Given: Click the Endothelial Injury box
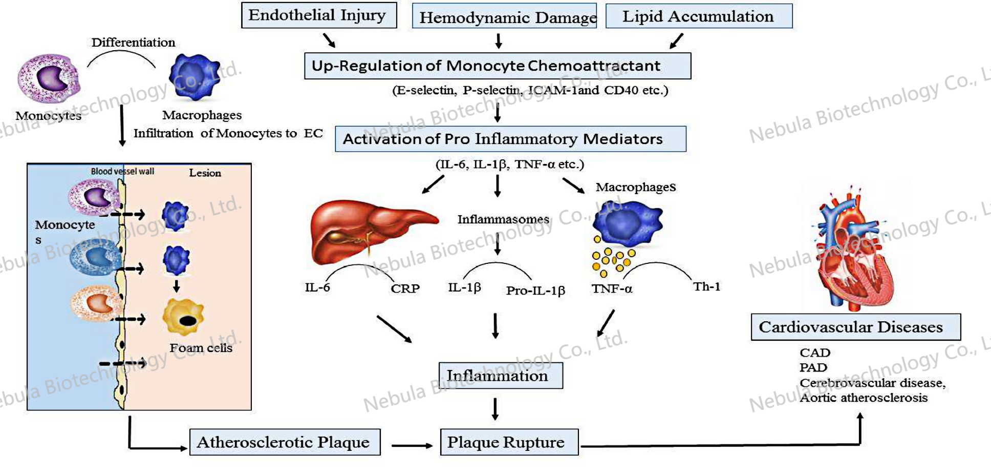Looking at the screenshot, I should [318, 15].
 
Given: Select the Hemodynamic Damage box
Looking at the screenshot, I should [504, 16].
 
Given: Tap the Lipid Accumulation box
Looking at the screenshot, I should [699, 16].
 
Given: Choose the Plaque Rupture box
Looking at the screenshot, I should [509, 442].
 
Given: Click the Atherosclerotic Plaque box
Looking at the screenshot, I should [285, 442].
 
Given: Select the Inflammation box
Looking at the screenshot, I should [500, 376].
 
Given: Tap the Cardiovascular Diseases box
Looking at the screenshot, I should [855, 327].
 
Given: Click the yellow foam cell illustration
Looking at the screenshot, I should [183, 317].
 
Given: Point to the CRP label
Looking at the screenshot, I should [405, 288].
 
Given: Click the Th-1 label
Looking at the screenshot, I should [706, 286].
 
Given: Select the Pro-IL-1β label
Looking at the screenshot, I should [535, 291].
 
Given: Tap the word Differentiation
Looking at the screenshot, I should [133, 43].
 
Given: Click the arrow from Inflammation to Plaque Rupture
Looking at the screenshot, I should [495, 409].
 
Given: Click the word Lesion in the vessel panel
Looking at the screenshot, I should [205, 173].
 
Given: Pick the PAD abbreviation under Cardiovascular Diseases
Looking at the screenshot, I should [813, 367].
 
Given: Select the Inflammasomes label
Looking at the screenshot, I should [503, 219].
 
